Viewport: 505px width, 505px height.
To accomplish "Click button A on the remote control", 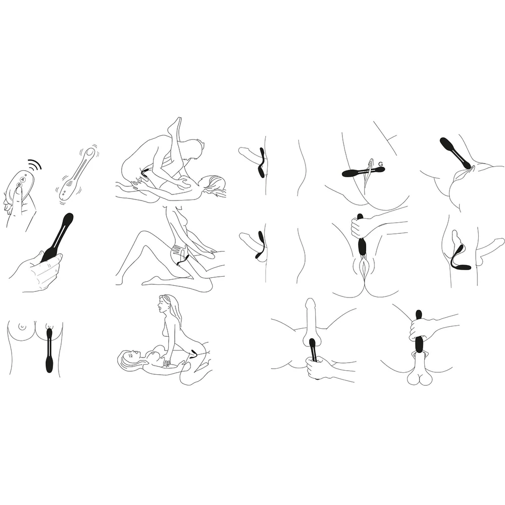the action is click(x=22, y=179).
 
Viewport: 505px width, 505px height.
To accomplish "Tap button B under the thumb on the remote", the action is click(x=19, y=185).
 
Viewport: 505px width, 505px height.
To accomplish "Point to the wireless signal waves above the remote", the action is click(x=35, y=166).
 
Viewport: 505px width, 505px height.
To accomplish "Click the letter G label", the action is click(x=381, y=164).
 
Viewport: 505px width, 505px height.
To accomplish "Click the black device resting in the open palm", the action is click(x=57, y=238).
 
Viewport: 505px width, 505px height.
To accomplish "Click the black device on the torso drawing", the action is click(x=49, y=349).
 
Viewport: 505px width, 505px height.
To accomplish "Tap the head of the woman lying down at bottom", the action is click(x=129, y=358).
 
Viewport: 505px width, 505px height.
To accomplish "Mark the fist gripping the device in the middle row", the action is click(x=358, y=227).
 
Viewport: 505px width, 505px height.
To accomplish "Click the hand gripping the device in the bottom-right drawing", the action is click(x=418, y=329).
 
